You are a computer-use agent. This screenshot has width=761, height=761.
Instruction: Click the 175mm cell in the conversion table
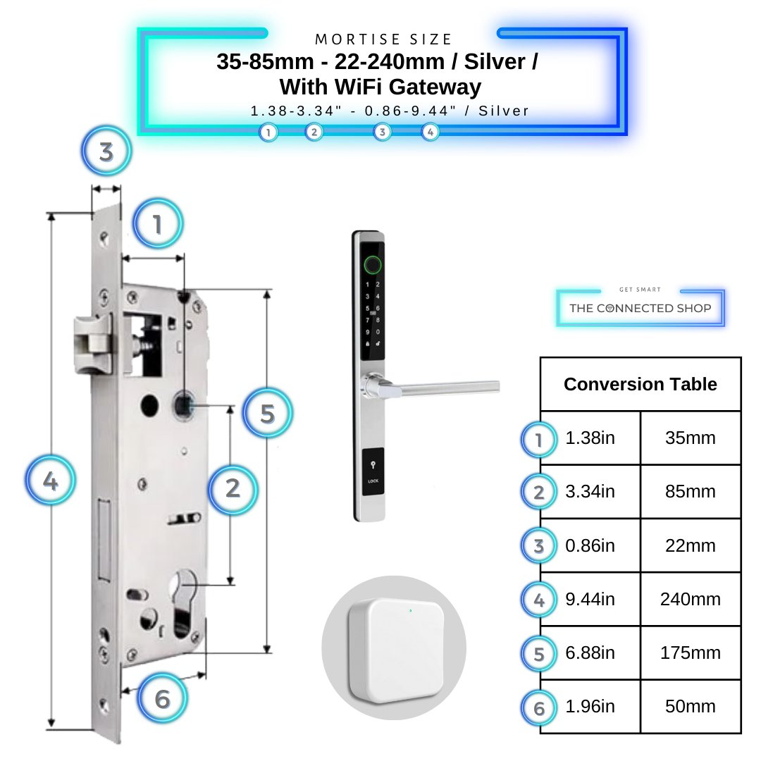click(690, 652)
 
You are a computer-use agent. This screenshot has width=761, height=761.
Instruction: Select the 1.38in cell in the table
click(590, 438)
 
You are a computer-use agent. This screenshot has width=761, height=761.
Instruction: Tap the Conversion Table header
click(640, 384)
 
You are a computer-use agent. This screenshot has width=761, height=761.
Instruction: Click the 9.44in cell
click(590, 599)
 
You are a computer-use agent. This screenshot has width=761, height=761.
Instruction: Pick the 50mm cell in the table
click(690, 706)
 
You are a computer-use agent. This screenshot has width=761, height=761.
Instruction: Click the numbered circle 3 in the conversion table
click(539, 547)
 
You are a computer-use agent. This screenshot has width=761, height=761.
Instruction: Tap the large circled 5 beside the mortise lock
click(267, 414)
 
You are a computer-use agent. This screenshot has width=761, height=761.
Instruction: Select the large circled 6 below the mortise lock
click(163, 699)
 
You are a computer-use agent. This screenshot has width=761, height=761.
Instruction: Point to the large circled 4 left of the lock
click(50, 481)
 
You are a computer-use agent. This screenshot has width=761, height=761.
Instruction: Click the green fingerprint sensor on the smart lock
click(373, 266)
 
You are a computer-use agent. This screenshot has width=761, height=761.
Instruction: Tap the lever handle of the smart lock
click(437, 385)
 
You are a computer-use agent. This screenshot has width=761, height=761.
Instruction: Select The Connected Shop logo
click(640, 308)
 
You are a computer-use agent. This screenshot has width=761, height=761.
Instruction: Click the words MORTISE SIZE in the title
click(383, 39)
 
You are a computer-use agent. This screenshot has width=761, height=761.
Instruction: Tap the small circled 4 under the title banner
click(430, 132)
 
